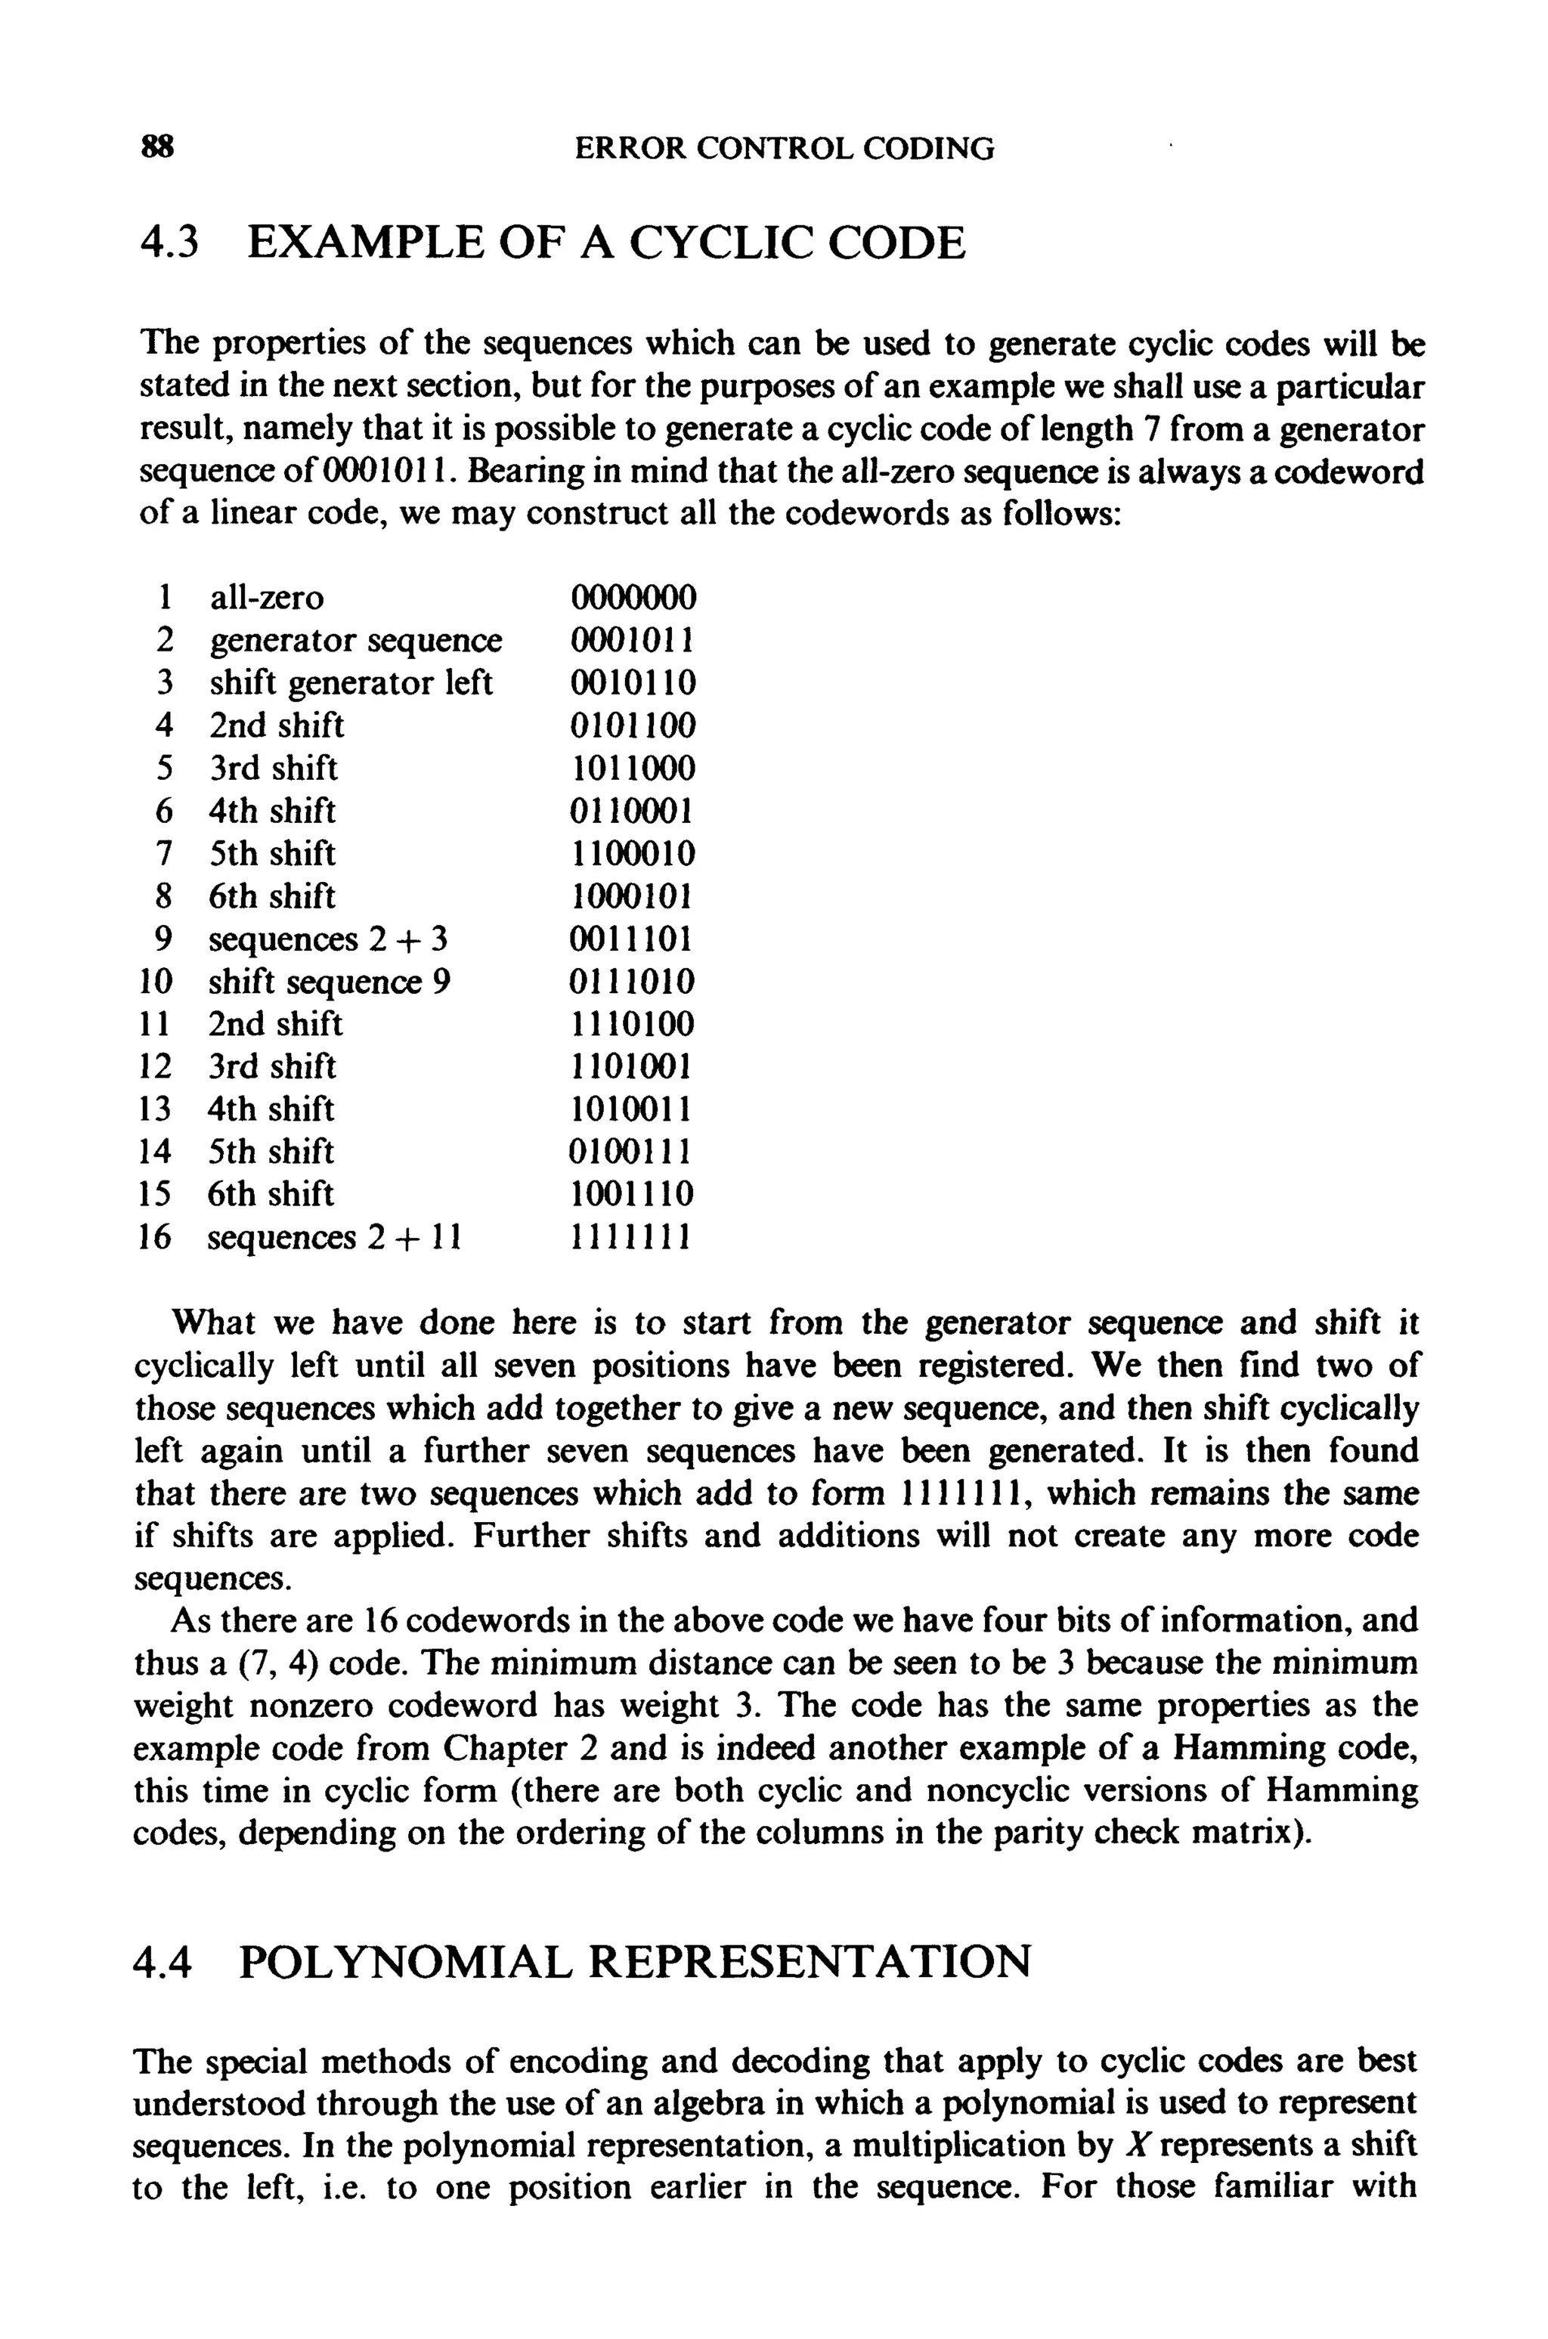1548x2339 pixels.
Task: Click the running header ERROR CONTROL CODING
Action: [x=785, y=149]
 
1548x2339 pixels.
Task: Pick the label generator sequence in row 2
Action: [x=355, y=641]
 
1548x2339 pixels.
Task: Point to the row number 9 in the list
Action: [x=164, y=939]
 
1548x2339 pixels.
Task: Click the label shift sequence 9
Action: [x=330, y=982]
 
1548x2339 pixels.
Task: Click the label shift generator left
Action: [x=351, y=683]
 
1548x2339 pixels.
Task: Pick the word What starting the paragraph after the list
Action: [x=213, y=1323]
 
